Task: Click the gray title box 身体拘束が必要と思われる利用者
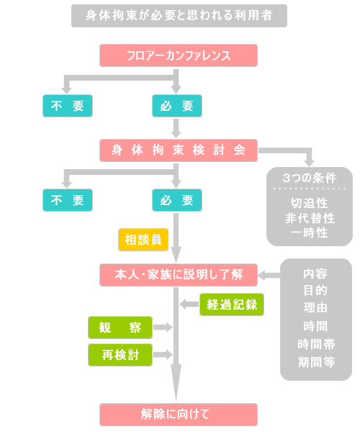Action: click(x=179, y=16)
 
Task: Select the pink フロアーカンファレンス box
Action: click(x=179, y=55)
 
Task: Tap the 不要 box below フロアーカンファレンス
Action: click(x=68, y=106)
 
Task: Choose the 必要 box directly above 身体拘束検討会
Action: click(x=177, y=106)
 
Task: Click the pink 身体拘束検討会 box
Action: click(x=179, y=150)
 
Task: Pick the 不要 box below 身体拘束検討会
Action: click(x=68, y=200)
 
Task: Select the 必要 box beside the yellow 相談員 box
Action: click(x=177, y=200)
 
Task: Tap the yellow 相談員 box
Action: click(x=143, y=240)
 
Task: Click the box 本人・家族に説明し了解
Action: click(x=179, y=275)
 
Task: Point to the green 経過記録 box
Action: click(x=232, y=305)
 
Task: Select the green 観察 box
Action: click(x=120, y=328)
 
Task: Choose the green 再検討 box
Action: click(x=120, y=355)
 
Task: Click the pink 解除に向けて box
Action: click(x=179, y=415)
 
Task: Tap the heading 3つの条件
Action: click(x=310, y=178)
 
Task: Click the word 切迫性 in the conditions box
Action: click(x=310, y=203)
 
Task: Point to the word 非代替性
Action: click(x=310, y=218)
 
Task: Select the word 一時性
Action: click(x=310, y=233)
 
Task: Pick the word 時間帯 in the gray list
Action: click(x=316, y=344)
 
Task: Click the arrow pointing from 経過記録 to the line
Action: click(x=189, y=305)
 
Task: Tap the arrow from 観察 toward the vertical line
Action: click(x=163, y=328)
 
